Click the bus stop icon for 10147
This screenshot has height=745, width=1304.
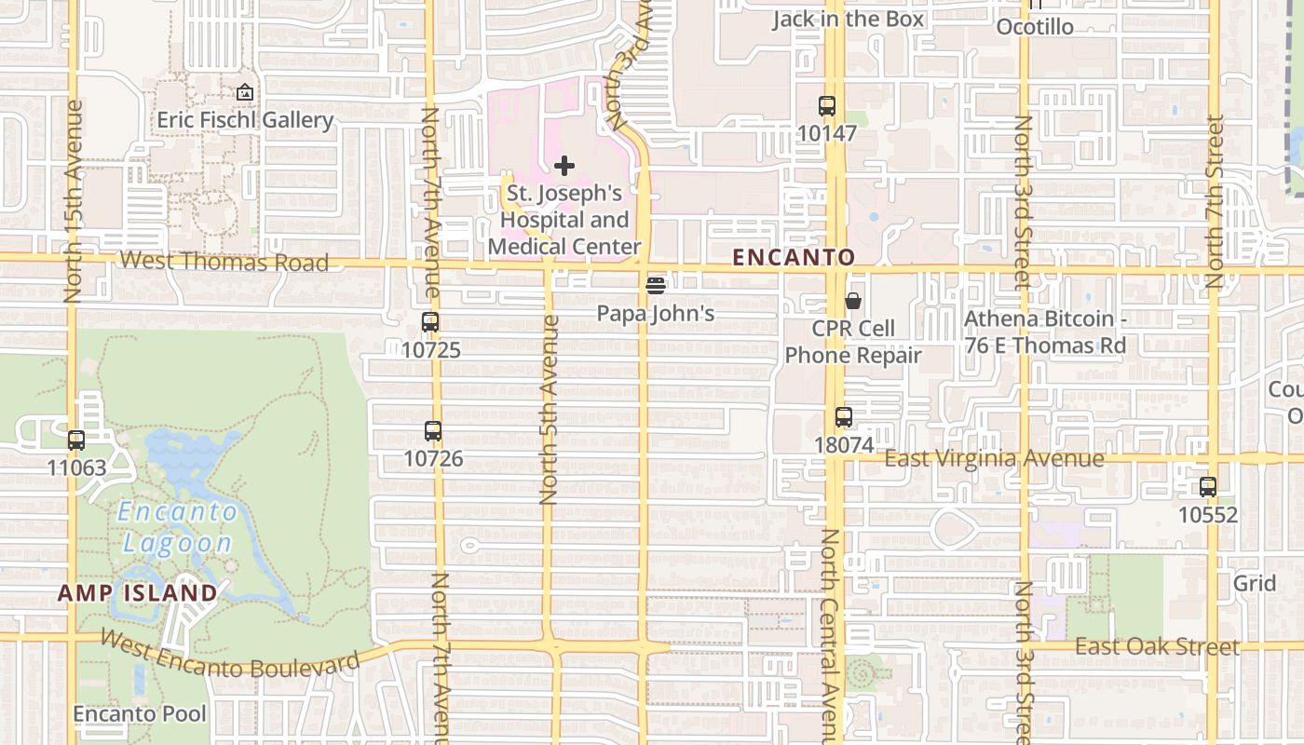826,106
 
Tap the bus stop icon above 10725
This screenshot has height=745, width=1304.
429,323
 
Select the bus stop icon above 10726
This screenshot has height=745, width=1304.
432,431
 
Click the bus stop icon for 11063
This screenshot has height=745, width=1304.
76,440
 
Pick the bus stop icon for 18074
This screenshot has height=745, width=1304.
844,417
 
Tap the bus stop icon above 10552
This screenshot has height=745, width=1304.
1208,487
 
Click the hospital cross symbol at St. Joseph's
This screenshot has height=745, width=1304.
564,167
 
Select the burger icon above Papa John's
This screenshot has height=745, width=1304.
656,285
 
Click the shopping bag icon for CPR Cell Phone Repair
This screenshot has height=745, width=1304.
853,301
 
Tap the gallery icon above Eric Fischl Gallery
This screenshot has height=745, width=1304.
245,92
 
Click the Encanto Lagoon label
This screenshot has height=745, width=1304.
177,527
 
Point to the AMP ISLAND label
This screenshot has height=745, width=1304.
138,593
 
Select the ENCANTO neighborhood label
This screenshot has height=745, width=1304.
794,257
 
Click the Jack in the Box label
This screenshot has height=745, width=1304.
848,19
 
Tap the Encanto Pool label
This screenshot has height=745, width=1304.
140,714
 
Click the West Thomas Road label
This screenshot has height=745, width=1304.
224,262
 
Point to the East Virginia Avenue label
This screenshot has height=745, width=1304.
994,458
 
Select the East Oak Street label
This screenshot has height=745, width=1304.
1157,646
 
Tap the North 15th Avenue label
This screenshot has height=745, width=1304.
74,201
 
